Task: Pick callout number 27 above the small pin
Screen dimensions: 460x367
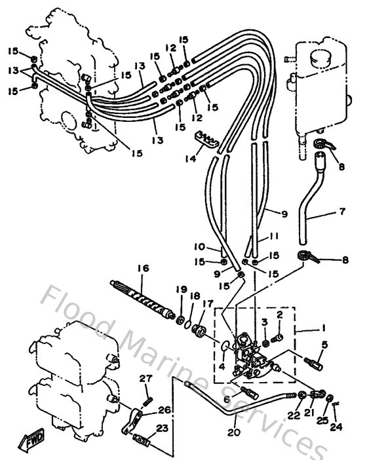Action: coord(145,377)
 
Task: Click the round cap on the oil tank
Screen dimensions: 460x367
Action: coord(320,57)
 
